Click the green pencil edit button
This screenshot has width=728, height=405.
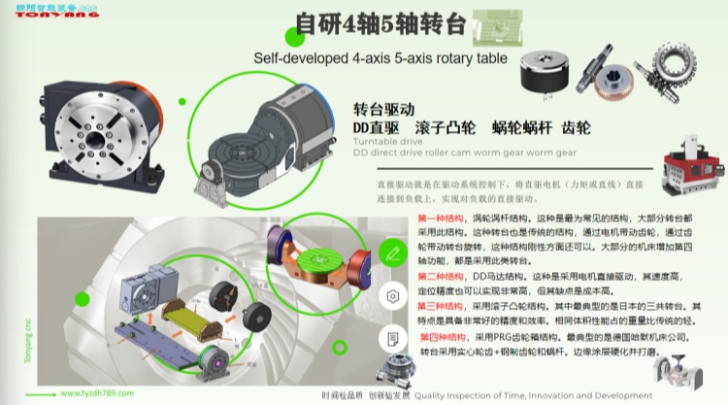tap(392, 252)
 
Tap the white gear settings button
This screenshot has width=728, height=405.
tap(392, 295)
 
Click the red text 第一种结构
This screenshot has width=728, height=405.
tap(441, 219)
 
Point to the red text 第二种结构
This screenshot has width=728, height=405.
tap(441, 277)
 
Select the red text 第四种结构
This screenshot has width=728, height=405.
tap(443, 337)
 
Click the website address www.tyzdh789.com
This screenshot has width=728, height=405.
tap(98, 394)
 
